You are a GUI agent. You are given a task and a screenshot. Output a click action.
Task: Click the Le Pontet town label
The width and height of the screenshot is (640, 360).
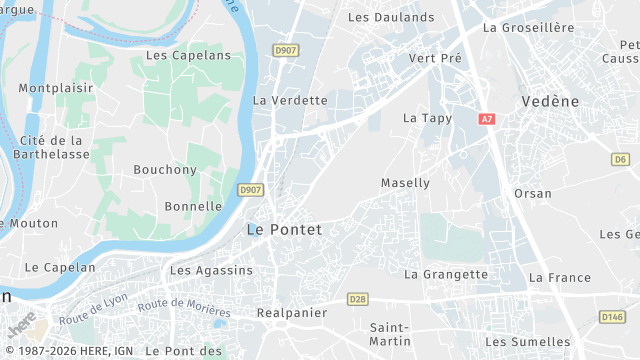284,230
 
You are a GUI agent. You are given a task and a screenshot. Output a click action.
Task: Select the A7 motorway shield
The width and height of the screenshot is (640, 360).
487,119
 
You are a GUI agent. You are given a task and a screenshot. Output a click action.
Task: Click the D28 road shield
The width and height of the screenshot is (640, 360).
358,299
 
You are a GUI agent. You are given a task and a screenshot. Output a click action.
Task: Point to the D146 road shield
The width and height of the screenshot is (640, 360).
612,317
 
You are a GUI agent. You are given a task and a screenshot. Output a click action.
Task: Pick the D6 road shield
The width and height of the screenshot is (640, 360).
621,159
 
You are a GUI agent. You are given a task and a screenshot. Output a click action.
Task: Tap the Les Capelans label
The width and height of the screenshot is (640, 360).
188,55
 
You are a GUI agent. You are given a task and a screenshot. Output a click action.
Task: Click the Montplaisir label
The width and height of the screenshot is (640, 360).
56,88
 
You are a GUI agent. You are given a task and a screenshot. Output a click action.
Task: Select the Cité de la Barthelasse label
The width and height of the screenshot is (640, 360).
52,147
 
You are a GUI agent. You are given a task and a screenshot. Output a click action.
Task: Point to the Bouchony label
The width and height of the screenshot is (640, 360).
165,170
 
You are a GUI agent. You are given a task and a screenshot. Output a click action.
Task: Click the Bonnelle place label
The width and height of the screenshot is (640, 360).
193,206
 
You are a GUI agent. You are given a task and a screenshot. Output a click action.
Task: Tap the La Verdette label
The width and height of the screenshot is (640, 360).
290,100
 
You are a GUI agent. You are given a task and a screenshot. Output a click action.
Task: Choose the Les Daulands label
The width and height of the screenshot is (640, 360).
391,17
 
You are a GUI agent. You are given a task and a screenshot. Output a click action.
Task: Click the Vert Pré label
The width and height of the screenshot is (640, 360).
436,58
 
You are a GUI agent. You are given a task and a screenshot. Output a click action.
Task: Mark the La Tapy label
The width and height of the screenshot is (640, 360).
427,118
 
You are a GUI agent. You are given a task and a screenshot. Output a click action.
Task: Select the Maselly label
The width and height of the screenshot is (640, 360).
405,183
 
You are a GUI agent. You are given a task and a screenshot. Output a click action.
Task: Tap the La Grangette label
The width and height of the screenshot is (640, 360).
446,274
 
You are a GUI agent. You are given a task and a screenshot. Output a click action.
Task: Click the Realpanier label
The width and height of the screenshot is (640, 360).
292,313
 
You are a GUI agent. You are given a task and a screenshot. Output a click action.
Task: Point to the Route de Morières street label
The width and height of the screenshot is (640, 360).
184,309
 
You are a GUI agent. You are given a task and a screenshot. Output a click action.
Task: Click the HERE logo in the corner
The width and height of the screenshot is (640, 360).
22,325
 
